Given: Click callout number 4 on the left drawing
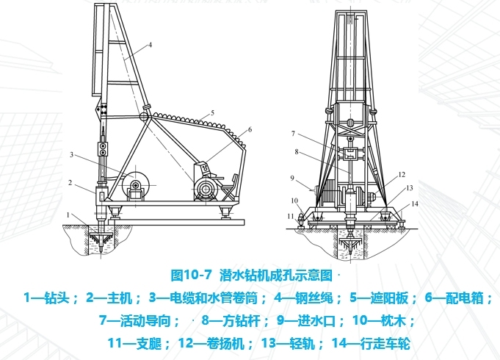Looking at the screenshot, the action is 149,44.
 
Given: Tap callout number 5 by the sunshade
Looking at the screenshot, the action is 211,112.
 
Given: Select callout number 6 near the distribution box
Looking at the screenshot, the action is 250,129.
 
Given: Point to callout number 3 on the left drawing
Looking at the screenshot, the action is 73,154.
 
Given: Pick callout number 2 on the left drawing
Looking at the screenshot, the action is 69,182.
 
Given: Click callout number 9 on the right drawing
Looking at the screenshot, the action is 291,177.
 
